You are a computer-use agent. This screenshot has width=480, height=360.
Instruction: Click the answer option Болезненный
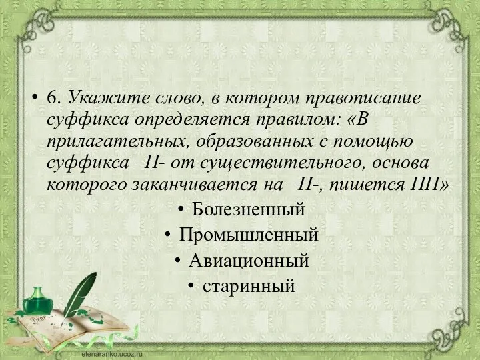coord(248,210)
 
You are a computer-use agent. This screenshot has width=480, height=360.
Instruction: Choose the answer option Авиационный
coord(248,261)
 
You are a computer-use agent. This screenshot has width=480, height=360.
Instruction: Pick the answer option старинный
coord(248,287)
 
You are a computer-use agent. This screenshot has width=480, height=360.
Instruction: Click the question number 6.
coord(55,97)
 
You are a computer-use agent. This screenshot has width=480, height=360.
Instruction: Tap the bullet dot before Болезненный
coord(182,210)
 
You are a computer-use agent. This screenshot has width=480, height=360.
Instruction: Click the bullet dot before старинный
coord(191,287)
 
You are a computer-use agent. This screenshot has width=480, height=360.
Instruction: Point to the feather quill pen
coord(80,293)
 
